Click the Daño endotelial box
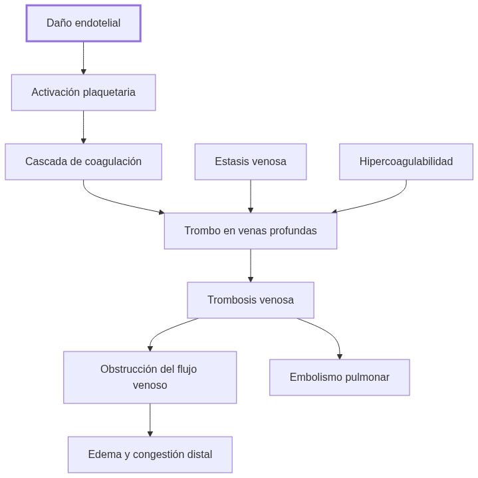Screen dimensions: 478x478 [x=83, y=23]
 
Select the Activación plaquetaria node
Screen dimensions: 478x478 [x=83, y=93]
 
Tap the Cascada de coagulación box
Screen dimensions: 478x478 [x=83, y=162]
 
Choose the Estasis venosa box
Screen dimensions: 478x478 [x=250, y=162]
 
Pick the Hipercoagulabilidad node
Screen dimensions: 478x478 [x=406, y=162]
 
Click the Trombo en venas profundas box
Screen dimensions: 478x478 [x=250, y=231]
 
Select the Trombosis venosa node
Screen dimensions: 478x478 [x=250, y=300]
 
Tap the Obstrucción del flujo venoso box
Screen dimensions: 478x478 [x=150, y=377]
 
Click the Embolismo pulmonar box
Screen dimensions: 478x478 [x=339, y=377]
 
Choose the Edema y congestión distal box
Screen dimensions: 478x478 [x=150, y=455]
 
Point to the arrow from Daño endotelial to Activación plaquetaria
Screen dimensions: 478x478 [x=83, y=58]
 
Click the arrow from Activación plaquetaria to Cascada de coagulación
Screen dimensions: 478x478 [x=83, y=127]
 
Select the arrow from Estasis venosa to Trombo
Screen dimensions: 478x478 [x=250, y=196]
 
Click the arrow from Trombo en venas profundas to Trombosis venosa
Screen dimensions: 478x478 [x=250, y=266]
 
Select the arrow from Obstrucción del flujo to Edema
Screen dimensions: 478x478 [x=150, y=420]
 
